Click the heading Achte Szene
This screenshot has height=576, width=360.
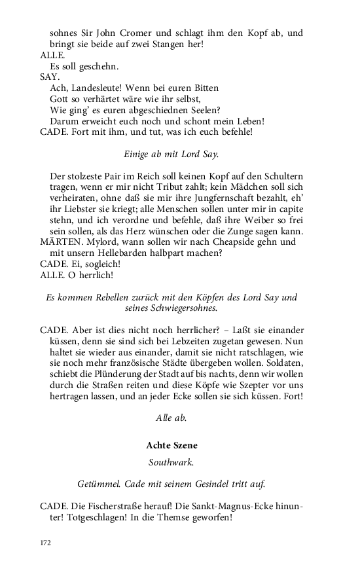point(172,445)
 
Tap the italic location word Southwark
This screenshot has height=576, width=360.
point(172,462)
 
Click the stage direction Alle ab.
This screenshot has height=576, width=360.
point(172,418)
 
